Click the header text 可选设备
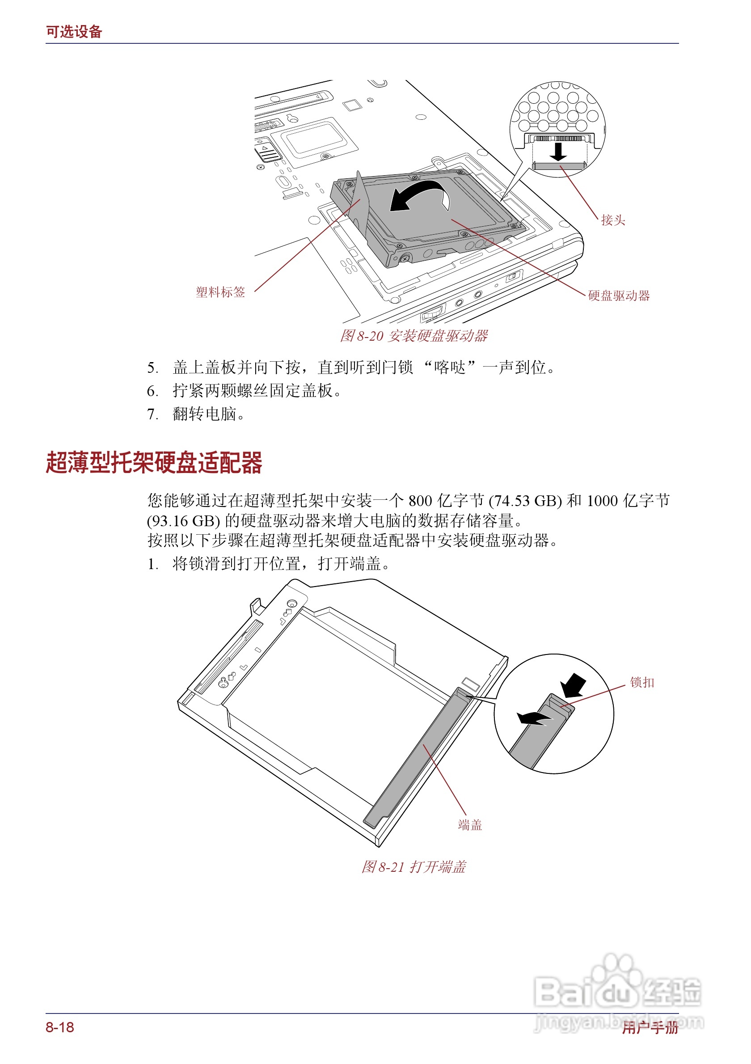click(74, 32)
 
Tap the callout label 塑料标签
click(220, 292)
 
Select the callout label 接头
click(612, 220)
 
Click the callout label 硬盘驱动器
click(619, 296)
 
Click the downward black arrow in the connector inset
click(558, 152)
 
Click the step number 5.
click(152, 368)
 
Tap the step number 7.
click(152, 414)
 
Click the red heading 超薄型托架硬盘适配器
click(154, 463)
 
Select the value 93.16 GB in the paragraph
click(183, 521)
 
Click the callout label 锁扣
click(641, 683)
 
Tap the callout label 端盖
click(470, 825)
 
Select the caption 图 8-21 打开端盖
click(414, 867)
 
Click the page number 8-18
click(60, 1027)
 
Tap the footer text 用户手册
click(650, 1028)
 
